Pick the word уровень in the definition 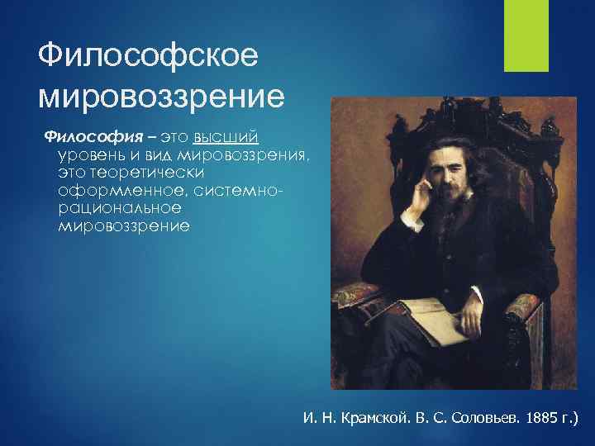click(93, 154)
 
